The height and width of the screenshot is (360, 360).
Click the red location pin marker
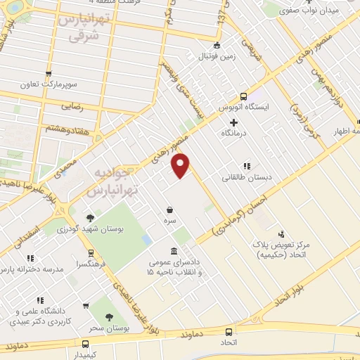[181, 166]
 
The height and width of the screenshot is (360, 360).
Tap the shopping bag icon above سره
[169, 210]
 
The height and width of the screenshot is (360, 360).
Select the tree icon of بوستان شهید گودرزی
[90, 218]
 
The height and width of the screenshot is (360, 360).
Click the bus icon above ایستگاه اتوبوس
[243, 96]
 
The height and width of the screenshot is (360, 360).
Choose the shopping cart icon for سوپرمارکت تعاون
[49, 73]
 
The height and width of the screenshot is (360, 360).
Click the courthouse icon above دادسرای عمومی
[174, 251]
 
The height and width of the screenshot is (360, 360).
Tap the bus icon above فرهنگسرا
[91, 254]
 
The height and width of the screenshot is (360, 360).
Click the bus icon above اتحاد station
[228, 333]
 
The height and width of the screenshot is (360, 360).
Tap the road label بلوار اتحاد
[290, 290]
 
